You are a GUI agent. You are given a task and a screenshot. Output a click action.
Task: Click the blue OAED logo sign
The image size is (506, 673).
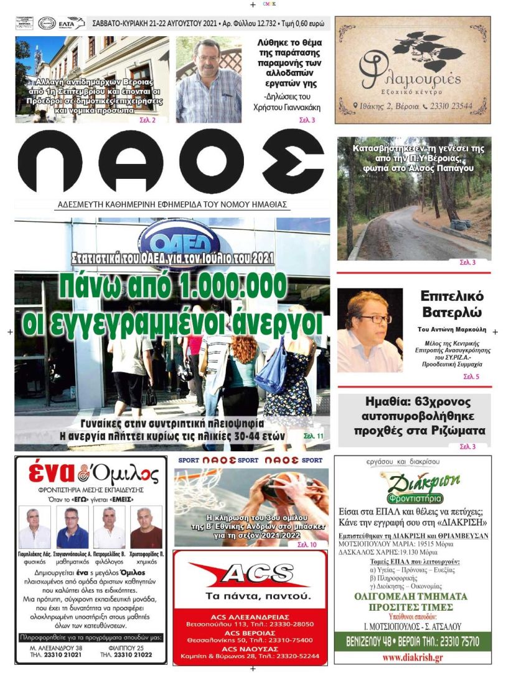(x=175, y=236)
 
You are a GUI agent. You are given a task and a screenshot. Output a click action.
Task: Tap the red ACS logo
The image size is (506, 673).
(x=250, y=575)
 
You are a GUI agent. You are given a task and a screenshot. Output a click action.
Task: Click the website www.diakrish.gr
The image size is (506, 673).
(x=412, y=657)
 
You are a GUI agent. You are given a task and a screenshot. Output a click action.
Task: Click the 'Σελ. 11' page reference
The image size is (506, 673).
(x=313, y=436)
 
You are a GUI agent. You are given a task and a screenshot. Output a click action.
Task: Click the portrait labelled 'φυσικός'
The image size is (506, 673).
(x=35, y=527)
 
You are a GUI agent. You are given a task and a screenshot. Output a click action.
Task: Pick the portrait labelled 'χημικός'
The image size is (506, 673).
(x=146, y=527)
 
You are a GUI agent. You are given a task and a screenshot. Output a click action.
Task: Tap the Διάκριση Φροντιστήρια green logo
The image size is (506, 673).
(x=415, y=488)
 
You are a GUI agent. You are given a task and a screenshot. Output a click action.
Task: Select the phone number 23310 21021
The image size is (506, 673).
(x=64, y=654)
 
